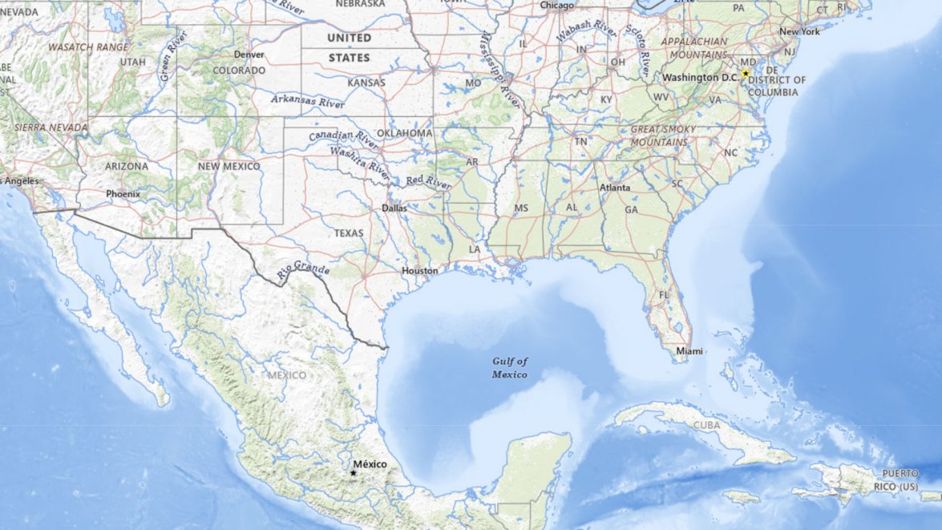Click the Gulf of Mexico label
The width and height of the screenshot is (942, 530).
pos(510,368)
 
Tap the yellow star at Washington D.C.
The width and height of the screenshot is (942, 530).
pos(745,74)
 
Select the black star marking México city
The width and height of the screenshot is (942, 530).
pos(353,473)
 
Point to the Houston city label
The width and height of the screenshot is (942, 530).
pos(420,271)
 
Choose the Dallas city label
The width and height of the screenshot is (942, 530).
pos(394,208)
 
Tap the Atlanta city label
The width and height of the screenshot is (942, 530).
pos(615,188)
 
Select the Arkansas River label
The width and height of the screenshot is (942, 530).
pos(307,101)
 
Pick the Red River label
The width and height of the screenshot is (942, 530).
pos(428,182)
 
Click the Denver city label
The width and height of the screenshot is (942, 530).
pos(249,55)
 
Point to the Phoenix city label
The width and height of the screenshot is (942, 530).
pos(123,194)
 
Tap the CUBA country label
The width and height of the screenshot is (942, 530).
pos(706,424)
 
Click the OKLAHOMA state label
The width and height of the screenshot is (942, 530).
pos(405,133)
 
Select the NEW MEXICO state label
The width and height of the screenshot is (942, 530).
pos(229,166)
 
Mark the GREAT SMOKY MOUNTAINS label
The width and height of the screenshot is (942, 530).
pos(659,136)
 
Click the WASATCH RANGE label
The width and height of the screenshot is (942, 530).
pos(87,47)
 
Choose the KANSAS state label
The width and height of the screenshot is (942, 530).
pos(366,83)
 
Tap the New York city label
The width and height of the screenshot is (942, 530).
pos(799,32)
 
